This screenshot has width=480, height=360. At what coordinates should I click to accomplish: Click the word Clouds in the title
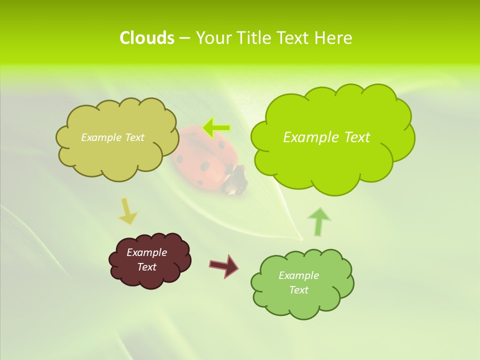point(147,38)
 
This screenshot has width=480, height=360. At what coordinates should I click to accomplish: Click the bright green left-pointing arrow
point(216,128)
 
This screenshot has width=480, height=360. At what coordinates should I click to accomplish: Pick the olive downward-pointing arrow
point(127,211)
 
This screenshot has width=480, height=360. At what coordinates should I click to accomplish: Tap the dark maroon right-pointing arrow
point(224,265)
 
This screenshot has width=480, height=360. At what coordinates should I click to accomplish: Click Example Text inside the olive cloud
point(112,137)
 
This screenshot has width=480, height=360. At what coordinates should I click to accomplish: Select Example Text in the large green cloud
point(326,137)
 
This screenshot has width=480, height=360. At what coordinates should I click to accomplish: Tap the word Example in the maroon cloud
point(146,252)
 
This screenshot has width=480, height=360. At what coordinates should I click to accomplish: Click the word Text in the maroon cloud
point(147,267)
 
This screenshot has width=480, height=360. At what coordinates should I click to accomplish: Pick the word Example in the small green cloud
point(298,275)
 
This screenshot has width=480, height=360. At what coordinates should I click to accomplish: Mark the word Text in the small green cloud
point(298,290)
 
